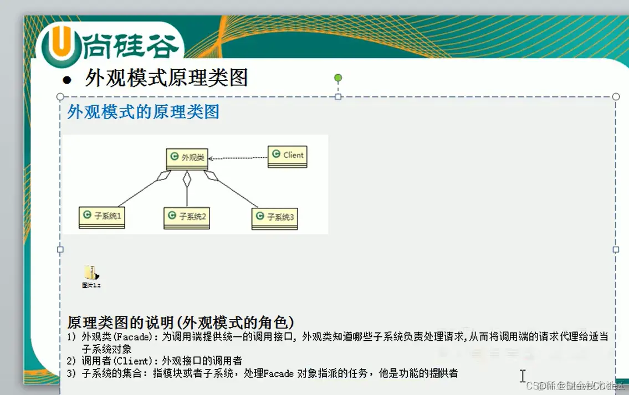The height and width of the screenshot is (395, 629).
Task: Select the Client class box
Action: point(287,157)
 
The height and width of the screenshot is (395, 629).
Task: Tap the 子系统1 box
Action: point(101,217)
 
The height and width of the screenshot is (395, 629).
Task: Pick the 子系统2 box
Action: point(186,218)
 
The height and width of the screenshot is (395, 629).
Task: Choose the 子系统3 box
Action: point(274,218)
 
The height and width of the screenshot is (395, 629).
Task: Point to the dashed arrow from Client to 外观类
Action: point(238,158)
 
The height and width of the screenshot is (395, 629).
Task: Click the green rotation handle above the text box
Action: point(338,78)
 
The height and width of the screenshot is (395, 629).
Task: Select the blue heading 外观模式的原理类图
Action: point(143,112)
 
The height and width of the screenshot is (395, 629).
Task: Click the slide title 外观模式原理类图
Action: point(166,78)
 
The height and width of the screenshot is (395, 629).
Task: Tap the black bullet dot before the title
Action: point(67,80)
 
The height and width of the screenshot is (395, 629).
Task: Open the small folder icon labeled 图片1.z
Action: point(91,274)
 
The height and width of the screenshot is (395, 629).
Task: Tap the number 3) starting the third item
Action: point(71,373)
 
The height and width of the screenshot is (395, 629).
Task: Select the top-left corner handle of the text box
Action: point(60,97)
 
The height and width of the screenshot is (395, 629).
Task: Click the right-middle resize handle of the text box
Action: point(615,250)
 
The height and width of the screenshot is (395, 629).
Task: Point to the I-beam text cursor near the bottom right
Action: point(522,376)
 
